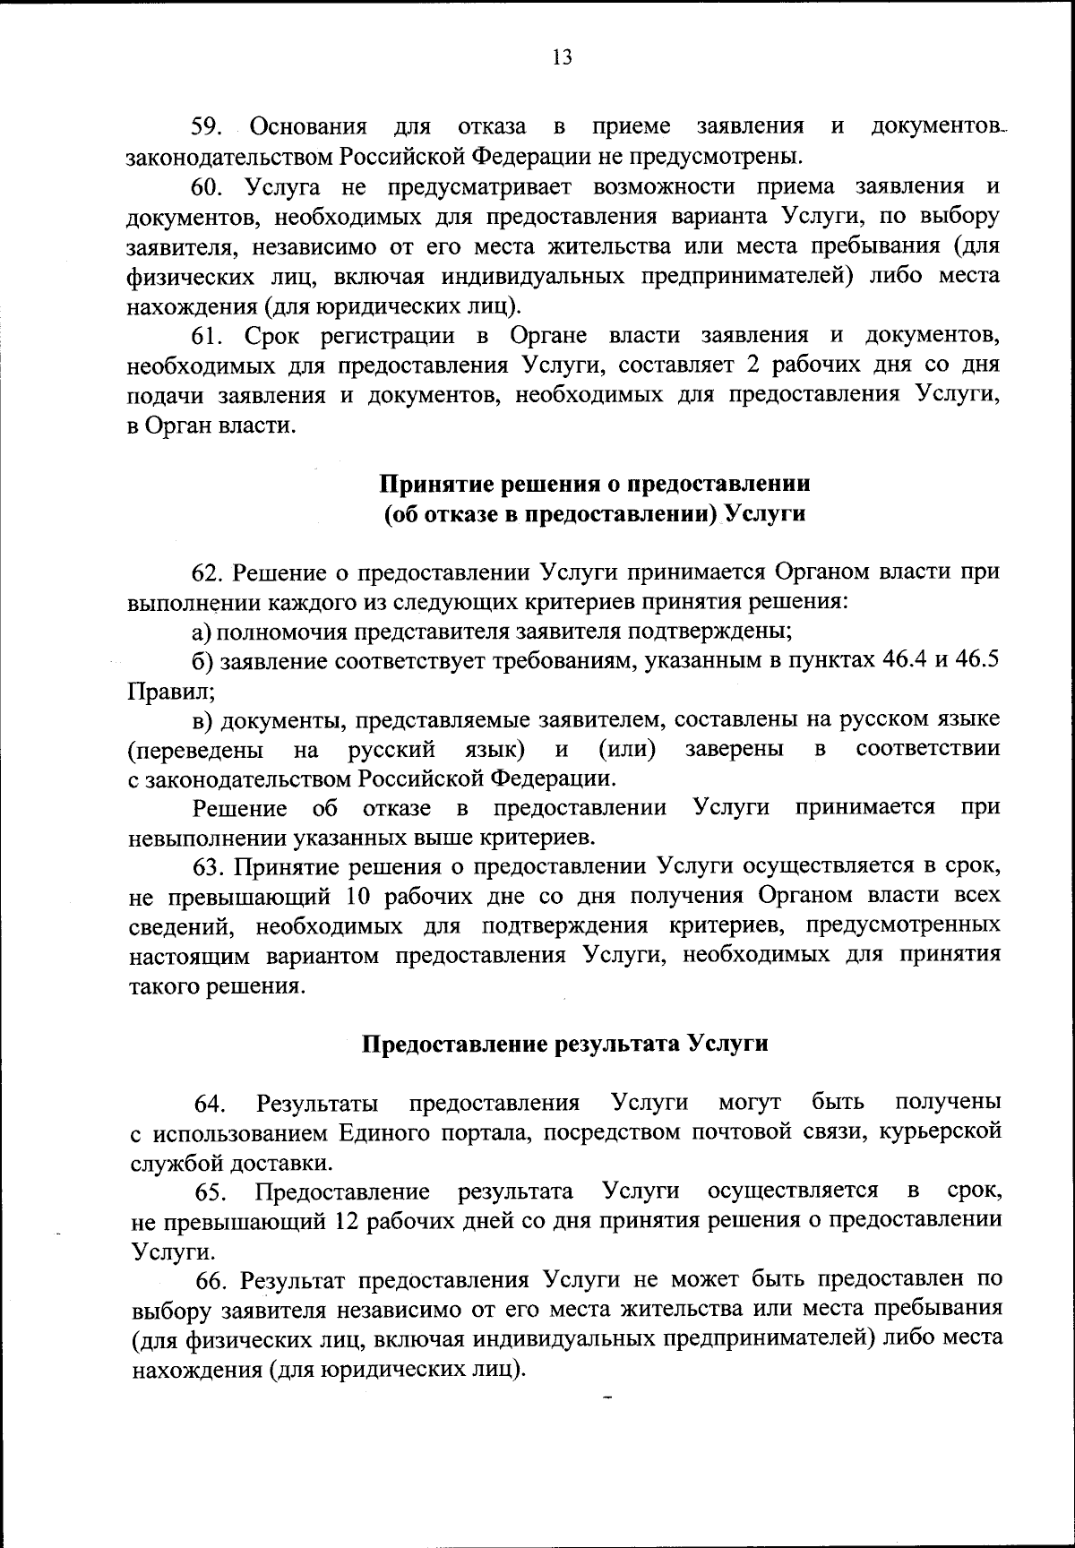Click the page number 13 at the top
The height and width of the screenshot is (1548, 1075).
tap(563, 58)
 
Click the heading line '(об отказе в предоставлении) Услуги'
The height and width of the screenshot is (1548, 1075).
tap(595, 514)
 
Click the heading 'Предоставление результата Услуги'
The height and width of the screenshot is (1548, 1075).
tap(564, 1044)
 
